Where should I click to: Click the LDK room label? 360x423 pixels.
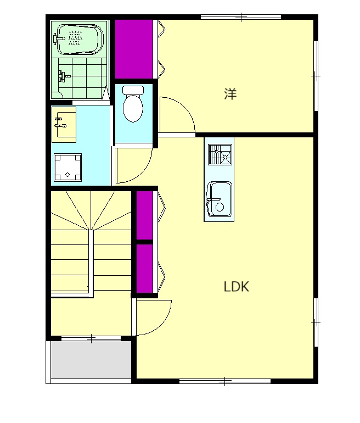coord(237,287)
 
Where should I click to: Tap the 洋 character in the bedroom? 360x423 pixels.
coord(230,93)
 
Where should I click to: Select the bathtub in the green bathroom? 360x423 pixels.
coord(78,40)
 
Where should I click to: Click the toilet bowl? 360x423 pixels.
coord(133,104)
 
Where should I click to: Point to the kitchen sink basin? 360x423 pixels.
coord(220,199)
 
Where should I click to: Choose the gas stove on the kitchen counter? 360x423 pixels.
coord(220,154)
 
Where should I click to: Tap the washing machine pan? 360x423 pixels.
coord(67,168)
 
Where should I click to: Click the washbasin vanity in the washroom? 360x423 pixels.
coord(64,125)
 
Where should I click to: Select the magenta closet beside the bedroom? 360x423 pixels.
coord(134,49)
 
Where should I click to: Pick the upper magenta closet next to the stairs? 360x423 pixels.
coord(145,215)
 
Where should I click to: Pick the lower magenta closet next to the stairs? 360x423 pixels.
coord(145,269)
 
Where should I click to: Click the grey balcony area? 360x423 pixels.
coord(91,360)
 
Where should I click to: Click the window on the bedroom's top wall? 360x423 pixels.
coord(241,17)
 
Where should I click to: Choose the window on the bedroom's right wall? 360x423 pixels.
coord(316,76)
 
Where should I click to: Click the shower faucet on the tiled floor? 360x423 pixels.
coord(64,76)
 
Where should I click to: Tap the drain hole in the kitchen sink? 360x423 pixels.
coord(220,207)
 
